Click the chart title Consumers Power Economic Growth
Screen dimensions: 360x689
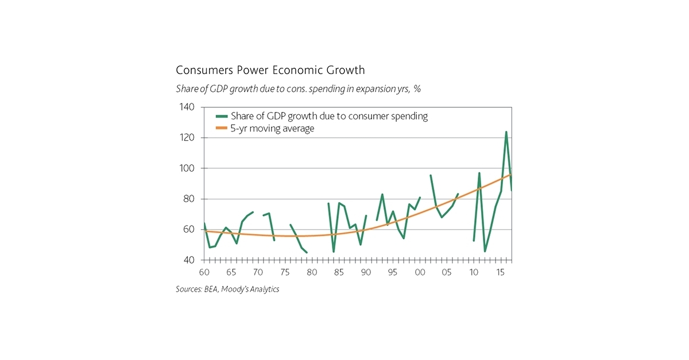pos(270,71)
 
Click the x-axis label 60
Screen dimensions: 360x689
pos(204,272)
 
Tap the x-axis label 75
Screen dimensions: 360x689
pos(285,272)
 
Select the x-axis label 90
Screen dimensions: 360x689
pos(366,272)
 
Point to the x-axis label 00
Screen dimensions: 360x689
pos(420,272)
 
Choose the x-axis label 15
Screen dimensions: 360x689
pos(501,272)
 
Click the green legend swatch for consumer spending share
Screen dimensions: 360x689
pos(220,116)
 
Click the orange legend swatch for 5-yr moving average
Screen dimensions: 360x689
pos(220,129)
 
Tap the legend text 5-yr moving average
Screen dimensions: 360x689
pos(272,129)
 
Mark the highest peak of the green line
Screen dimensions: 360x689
pos(506,132)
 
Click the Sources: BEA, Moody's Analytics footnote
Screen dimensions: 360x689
pos(227,289)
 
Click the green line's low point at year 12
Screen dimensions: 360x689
pos(485,251)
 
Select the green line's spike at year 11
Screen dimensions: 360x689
pos(479,173)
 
